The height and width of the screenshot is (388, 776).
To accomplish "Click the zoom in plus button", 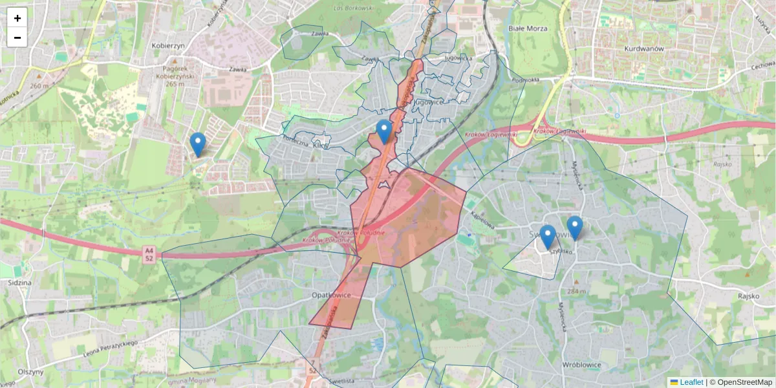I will [17, 18].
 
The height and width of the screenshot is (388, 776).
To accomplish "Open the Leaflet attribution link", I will [691, 382].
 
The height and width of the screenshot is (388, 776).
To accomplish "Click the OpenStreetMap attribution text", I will [744, 382].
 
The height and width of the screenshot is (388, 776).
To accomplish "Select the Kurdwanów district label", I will [644, 48].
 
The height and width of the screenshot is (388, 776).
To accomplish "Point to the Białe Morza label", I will [528, 28].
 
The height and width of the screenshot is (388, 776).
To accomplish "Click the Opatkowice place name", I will [331, 295].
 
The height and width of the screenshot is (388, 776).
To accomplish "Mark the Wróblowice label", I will [582, 365].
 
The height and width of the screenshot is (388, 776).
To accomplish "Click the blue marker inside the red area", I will [384, 131].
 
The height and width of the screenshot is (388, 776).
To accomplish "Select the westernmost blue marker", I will [198, 144].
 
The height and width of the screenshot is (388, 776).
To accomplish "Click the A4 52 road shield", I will [149, 253].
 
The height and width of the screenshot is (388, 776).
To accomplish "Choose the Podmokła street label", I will [524, 80].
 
